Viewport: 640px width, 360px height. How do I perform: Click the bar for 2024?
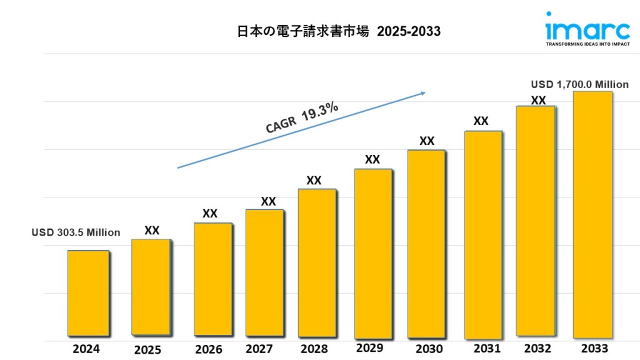click(x=88, y=293)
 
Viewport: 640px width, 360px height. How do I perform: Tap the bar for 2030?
click(x=426, y=243)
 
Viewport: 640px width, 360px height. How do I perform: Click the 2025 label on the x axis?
click(x=147, y=350)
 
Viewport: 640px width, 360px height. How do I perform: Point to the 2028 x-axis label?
click(x=314, y=349)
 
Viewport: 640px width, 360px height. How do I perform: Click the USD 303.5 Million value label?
click(x=76, y=232)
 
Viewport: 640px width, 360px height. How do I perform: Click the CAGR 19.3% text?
click(x=302, y=118)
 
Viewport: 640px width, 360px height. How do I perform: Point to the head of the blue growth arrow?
click(x=423, y=93)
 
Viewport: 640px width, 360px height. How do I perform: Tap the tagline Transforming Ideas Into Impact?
click(x=579, y=45)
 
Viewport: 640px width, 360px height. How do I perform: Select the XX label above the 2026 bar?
click(x=210, y=214)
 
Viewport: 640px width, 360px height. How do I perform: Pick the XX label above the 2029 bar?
click(x=372, y=159)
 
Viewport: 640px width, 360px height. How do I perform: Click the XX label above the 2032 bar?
click(x=538, y=100)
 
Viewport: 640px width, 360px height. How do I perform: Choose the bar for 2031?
click(x=483, y=234)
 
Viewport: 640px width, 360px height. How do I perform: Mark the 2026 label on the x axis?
click(x=209, y=349)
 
